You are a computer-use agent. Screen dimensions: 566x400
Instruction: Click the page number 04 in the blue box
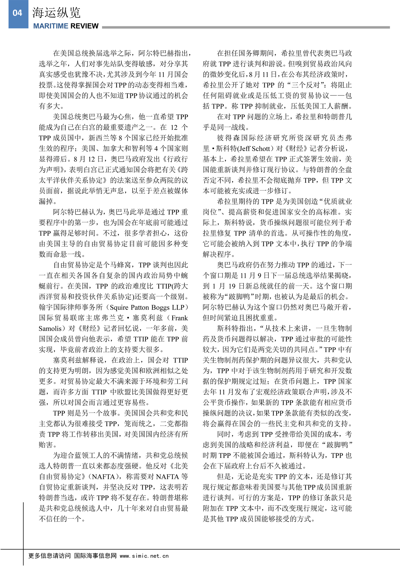[x=17, y=13]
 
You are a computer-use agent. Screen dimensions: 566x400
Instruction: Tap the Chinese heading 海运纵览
[x=56, y=13]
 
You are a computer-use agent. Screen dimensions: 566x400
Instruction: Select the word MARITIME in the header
[x=51, y=26]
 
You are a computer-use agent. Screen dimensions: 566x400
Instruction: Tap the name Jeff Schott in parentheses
[x=252, y=148]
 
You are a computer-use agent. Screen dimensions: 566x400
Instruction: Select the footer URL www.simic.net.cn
[x=144, y=556]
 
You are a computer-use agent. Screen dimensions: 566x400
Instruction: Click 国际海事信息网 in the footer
[x=95, y=556]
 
